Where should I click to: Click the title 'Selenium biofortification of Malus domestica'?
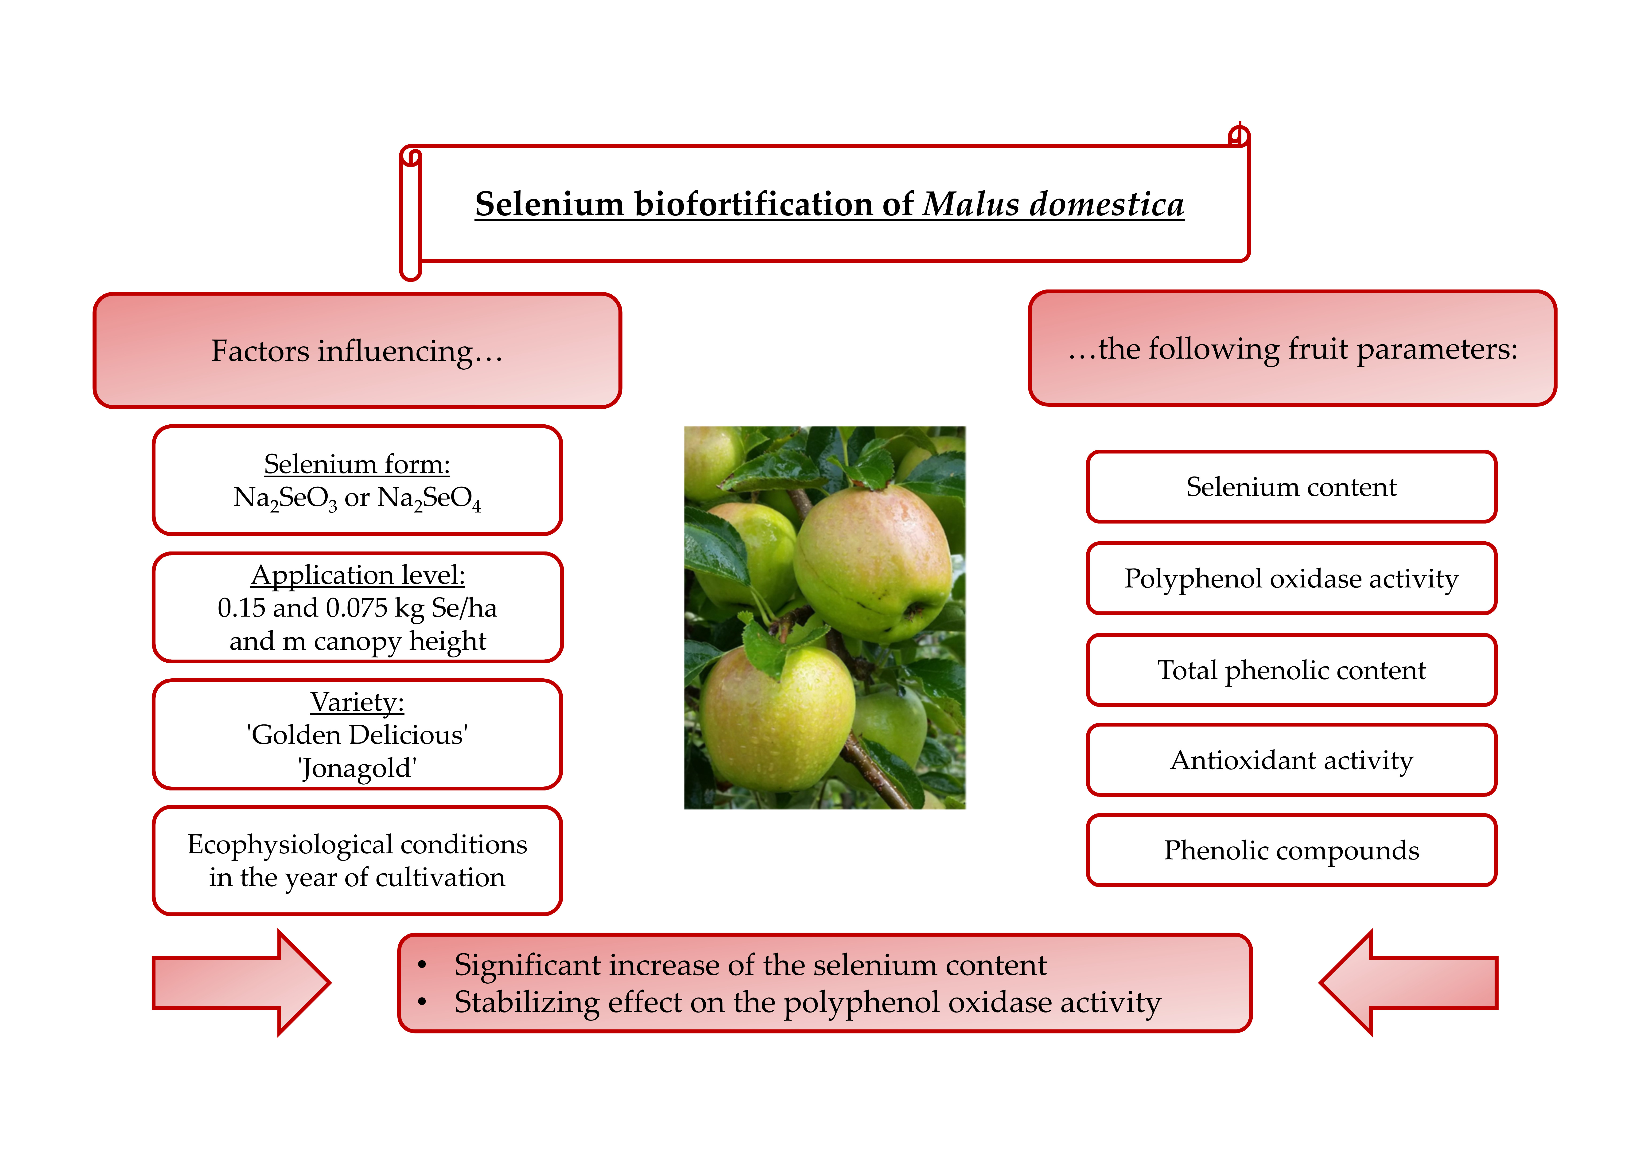click(829, 205)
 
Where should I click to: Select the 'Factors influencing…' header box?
click(357, 351)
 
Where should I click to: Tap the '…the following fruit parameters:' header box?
click(1292, 349)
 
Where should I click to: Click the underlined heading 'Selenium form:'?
click(357, 464)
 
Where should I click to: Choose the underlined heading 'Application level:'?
click(358, 575)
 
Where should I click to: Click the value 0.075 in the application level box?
click(356, 608)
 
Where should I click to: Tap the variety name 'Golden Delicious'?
click(357, 735)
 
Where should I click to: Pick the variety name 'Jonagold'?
click(357, 768)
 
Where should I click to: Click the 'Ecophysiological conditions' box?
click(357, 861)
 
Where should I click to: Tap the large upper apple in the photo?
click(872, 563)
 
